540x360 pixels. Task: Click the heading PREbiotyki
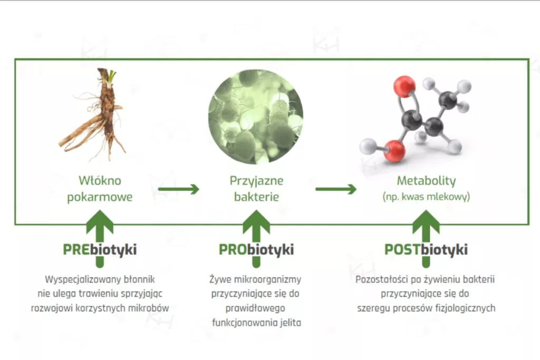(100, 249)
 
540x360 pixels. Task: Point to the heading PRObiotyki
(256, 249)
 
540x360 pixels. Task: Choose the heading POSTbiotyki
(426, 249)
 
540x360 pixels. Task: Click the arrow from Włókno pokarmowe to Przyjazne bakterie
(179, 189)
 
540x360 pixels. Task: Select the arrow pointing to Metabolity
(336, 189)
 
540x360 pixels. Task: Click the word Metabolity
(426, 181)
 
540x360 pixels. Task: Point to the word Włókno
(100, 181)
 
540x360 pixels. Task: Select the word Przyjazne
(256, 181)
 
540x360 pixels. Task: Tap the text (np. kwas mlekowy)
(426, 197)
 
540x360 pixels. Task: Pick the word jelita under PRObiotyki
(290, 323)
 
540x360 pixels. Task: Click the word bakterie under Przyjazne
(256, 197)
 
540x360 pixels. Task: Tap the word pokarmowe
(100, 197)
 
